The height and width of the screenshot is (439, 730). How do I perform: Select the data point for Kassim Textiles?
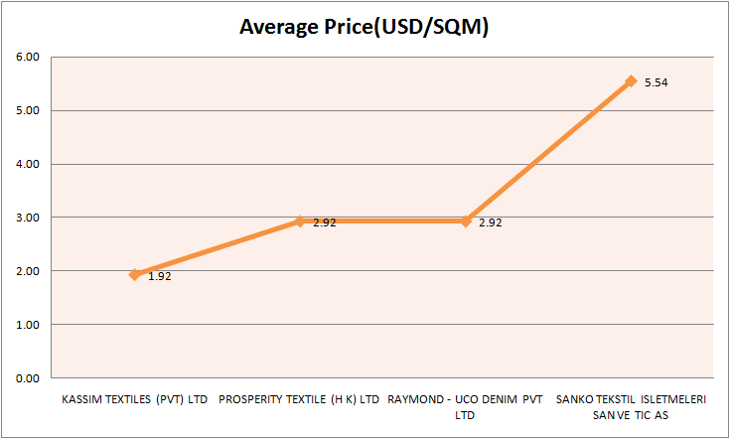pos(134,275)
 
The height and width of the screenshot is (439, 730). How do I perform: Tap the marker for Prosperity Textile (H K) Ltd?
pos(299,221)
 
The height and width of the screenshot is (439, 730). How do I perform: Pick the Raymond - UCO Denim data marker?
pos(465,221)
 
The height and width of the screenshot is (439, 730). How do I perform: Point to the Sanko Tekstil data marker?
pos(630,81)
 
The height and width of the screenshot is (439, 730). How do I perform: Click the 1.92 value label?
pos(159,276)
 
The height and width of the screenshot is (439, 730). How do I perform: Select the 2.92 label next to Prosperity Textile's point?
pos(325,222)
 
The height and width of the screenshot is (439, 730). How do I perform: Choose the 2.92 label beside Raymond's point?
pos(490,222)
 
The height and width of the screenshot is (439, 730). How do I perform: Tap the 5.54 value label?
pos(656,82)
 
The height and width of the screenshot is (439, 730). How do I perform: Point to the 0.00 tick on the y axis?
pos(27,378)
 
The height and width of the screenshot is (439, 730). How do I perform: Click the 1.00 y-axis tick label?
pos(27,325)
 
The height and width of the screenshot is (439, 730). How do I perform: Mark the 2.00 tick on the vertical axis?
pos(27,271)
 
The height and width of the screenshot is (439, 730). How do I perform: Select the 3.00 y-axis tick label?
pos(27,218)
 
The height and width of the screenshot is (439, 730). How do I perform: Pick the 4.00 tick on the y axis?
pos(27,164)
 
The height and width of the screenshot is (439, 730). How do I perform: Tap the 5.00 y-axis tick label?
pos(27,110)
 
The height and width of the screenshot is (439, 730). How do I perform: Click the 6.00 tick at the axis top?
pos(27,57)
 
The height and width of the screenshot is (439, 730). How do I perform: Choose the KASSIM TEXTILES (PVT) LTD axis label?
pos(134,400)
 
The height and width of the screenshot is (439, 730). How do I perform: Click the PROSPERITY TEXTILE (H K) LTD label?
pos(299,400)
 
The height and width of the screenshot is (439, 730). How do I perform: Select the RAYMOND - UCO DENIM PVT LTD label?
pos(465,406)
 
